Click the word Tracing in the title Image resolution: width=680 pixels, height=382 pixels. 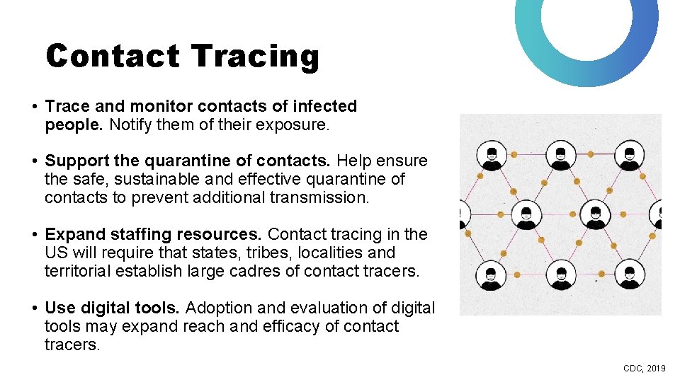(x=255, y=56)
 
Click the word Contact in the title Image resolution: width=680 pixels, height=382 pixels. (x=113, y=56)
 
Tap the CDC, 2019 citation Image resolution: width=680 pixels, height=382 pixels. (x=644, y=369)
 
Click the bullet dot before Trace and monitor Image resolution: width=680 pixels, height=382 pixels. (x=34, y=107)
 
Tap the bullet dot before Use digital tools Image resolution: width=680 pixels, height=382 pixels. (x=34, y=308)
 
